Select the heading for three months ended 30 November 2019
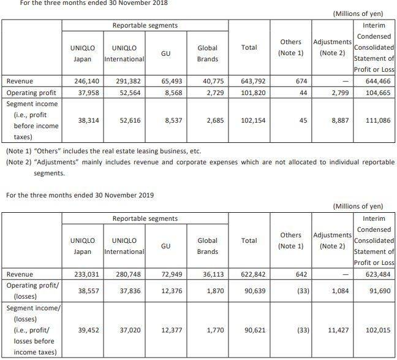(79, 195)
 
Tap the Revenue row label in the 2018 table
(20, 80)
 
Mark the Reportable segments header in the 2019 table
(145, 218)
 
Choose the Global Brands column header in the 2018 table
(208, 53)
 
